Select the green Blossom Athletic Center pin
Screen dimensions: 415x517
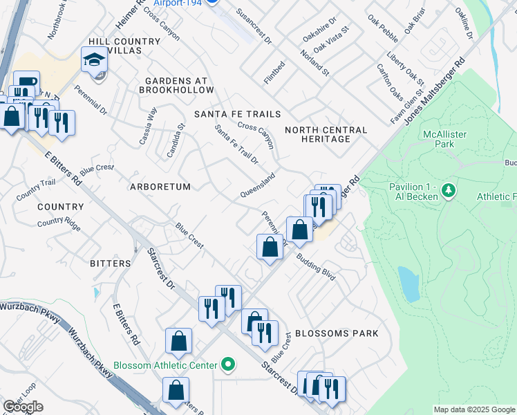228,365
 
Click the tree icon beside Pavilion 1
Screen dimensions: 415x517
448,190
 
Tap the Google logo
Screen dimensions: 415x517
23,407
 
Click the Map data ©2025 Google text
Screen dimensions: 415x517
474,409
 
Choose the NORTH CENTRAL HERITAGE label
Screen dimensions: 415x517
326,134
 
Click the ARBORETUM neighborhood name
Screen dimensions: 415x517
160,187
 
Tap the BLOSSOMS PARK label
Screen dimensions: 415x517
337,333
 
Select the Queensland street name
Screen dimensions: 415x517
258,184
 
